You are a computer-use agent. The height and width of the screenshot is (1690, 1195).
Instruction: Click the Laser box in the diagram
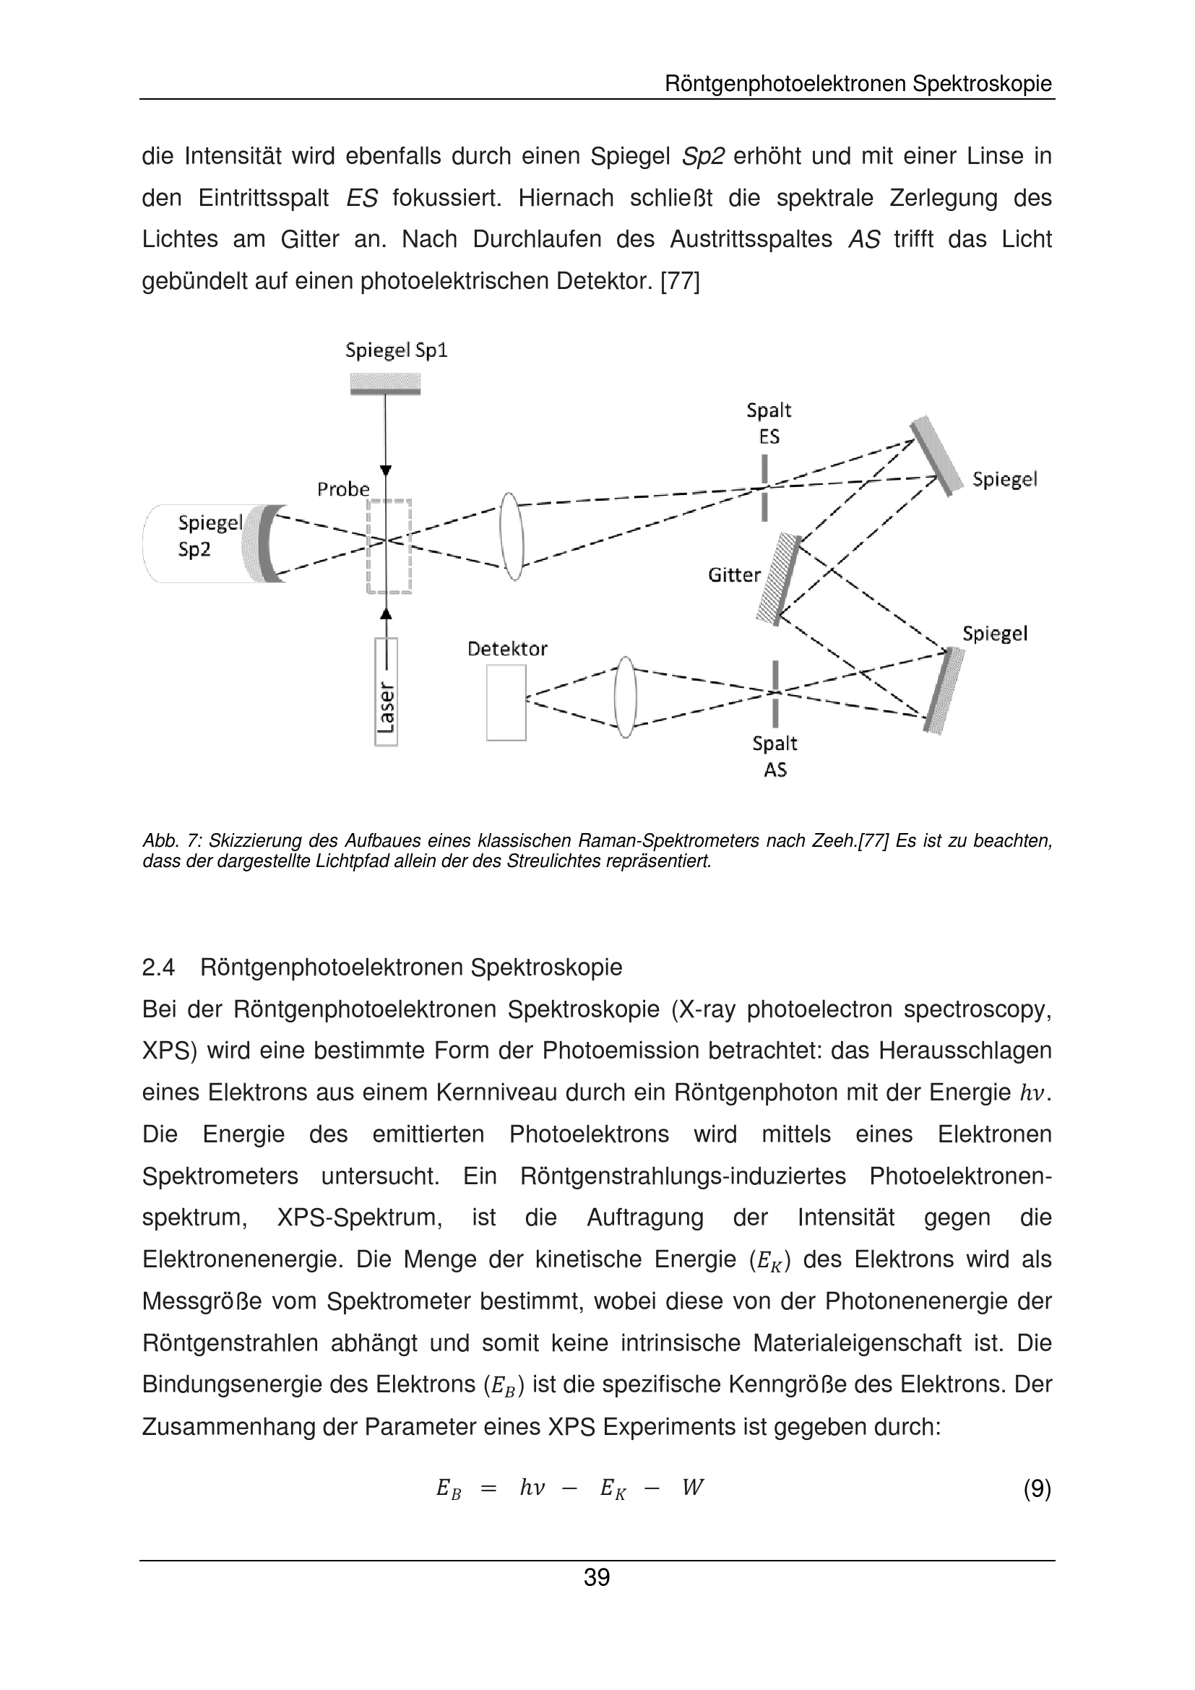coord(386,691)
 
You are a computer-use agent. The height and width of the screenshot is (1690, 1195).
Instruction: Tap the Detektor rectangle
coord(506,702)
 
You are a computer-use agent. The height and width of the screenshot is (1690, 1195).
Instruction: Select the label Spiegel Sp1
coord(396,350)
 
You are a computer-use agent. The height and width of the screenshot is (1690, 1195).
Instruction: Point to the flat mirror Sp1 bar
coord(385,384)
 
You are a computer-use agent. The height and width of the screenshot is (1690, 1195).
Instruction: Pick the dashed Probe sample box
coord(389,546)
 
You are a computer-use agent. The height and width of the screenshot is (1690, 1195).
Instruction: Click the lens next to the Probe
coord(512,537)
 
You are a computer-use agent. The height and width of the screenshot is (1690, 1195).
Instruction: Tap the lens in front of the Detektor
coord(625,697)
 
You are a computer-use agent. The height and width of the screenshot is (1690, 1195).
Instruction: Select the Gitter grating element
coord(779,579)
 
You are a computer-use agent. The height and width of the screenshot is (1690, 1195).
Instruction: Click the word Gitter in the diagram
coord(733,575)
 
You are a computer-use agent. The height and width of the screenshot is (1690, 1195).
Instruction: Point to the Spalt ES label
coord(768,423)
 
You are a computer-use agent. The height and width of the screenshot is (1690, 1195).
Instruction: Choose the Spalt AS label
coord(774,756)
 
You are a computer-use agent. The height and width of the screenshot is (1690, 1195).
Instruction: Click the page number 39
coord(597,1577)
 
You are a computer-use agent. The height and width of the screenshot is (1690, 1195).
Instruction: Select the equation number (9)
coord(1037,1488)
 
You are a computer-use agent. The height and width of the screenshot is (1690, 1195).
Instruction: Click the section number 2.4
coord(158,967)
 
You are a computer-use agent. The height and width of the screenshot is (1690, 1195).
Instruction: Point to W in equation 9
coord(691,1488)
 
